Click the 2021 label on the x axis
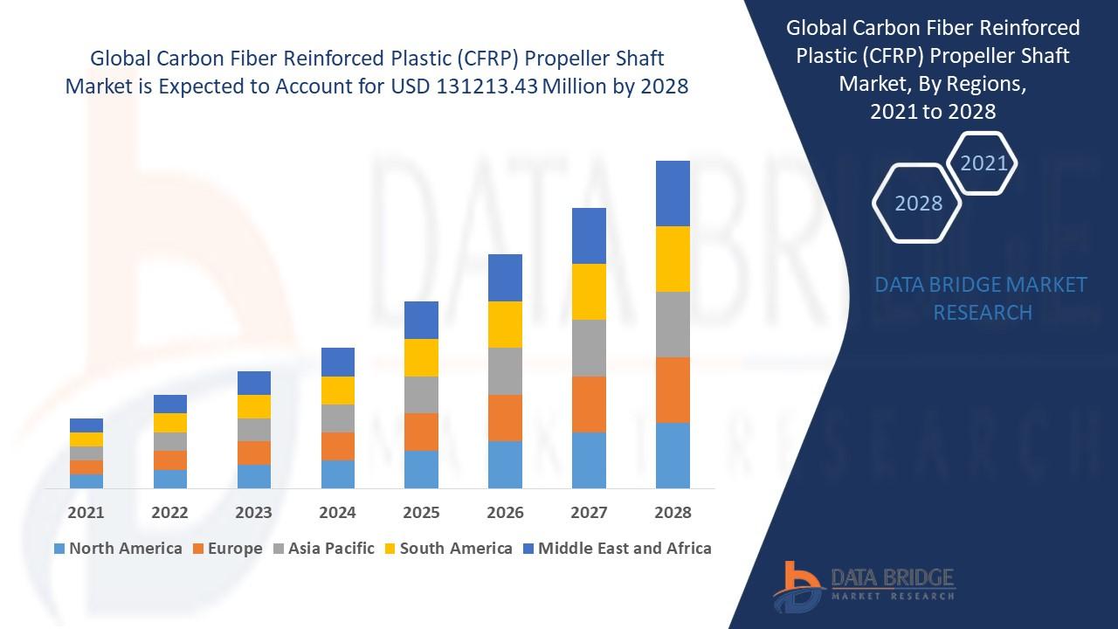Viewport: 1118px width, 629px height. coord(86,513)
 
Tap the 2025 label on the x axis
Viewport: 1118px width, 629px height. coord(421,513)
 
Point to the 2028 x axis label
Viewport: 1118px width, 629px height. coord(673,513)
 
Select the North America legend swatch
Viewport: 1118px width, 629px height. coord(59,549)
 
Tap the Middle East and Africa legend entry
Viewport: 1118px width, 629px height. coord(616,549)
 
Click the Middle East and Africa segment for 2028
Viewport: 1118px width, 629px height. coord(673,193)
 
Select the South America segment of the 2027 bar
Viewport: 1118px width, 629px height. coord(589,292)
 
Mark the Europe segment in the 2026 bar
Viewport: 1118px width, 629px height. coord(505,418)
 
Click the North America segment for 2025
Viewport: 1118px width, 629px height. coord(421,469)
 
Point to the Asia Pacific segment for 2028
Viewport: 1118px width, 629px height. coord(673,324)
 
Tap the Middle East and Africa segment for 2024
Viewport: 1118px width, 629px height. coord(337,362)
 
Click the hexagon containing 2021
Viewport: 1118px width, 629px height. coord(983,163)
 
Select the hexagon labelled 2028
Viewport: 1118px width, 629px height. coord(918,204)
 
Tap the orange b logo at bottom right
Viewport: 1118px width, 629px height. coord(796,584)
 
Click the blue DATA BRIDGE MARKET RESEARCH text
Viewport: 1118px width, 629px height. coord(982,298)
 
